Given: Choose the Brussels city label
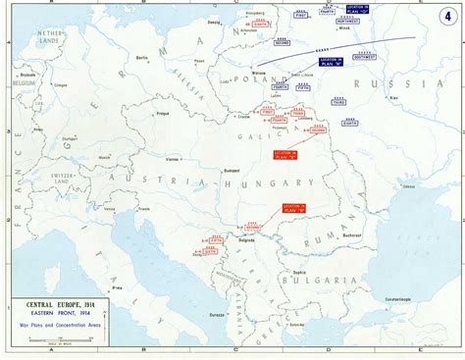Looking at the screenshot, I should (26, 101).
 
